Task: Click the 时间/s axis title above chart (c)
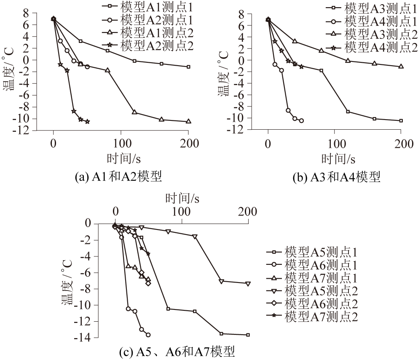182,197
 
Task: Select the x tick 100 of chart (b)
335,144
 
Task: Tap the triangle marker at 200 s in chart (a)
188,121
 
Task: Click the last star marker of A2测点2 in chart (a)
87,122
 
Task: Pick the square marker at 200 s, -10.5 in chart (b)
401,121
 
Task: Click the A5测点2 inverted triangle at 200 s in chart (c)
248,283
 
